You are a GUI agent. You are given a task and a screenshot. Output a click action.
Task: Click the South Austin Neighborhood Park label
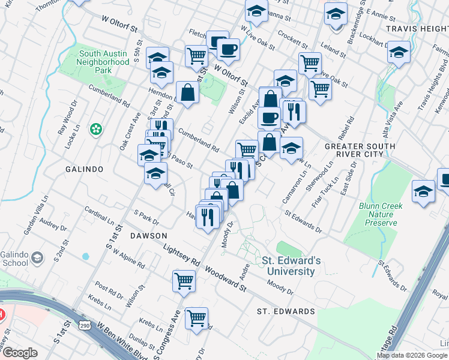(104, 61)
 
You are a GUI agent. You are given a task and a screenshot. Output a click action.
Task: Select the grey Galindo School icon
(37, 257)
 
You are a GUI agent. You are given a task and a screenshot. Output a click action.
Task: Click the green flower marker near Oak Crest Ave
(95, 129)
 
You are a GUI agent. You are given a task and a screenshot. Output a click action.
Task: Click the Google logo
(19, 353)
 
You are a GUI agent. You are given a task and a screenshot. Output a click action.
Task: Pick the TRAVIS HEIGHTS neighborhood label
(417, 28)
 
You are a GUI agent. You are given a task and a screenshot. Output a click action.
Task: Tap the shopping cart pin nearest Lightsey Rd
(184, 281)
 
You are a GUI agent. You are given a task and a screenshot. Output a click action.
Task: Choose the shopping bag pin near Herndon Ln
(187, 92)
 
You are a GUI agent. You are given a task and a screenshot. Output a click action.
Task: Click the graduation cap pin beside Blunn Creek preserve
(423, 192)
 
